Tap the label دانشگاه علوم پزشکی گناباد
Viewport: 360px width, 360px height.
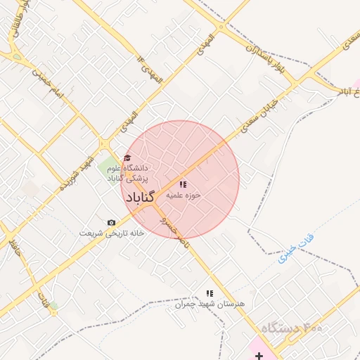127,174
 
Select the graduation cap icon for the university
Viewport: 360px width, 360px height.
127,157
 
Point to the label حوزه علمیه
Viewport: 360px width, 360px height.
184,197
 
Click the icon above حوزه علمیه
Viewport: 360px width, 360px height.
184,185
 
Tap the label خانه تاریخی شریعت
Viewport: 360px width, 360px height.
111,233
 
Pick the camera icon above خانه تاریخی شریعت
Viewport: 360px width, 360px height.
111,222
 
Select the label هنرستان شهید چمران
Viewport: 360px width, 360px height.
210,304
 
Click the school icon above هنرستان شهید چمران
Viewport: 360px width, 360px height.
209,292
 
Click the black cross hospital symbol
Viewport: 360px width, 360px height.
259,356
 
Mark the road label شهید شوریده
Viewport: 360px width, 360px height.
77,174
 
